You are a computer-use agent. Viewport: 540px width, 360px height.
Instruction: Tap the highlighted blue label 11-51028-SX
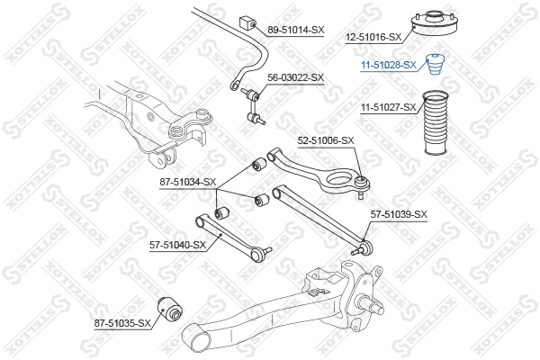[x=388, y=65]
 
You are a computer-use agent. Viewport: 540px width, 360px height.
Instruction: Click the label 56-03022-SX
[x=292, y=78]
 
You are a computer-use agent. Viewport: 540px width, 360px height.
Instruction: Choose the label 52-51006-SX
[x=328, y=141]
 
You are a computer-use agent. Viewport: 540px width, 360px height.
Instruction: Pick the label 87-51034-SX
[x=187, y=183]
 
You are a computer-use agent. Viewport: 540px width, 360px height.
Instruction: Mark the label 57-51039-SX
[x=399, y=213]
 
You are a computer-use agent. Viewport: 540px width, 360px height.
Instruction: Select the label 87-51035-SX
[x=121, y=321]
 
